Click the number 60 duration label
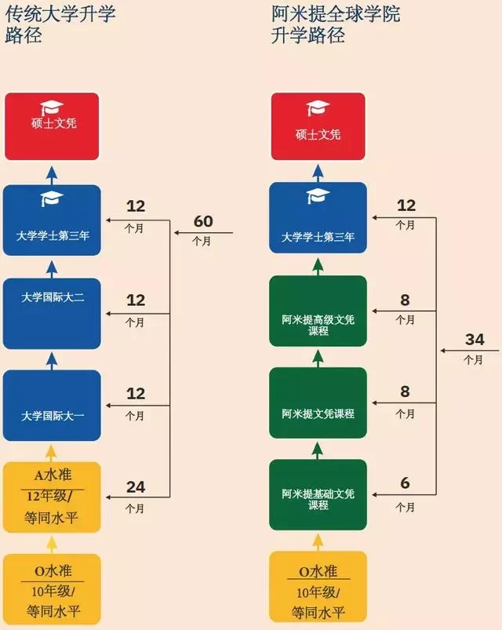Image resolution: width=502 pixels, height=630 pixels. pyautogui.click(x=203, y=221)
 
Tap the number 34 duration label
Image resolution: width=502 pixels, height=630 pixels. pyautogui.click(x=475, y=340)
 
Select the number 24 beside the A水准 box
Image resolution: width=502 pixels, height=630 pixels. pyautogui.click(x=136, y=487)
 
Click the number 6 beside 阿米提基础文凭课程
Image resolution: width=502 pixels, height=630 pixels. pyautogui.click(x=406, y=483)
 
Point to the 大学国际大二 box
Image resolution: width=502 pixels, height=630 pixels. pyautogui.click(x=52, y=313)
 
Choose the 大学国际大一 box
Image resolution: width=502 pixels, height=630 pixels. pyautogui.click(x=52, y=406)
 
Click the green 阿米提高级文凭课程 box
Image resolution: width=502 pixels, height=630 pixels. pyautogui.click(x=318, y=311)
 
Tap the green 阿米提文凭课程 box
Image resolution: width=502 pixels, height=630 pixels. pyautogui.click(x=318, y=403)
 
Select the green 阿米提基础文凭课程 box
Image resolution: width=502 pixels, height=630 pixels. pyautogui.click(x=318, y=495)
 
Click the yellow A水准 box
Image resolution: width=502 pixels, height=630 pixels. pyautogui.click(x=52, y=497)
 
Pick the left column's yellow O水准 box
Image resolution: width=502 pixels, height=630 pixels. pyautogui.click(x=52, y=589)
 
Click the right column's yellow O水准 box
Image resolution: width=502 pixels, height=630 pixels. pyautogui.click(x=318, y=587)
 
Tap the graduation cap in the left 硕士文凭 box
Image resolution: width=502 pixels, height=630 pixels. pyautogui.click(x=52, y=107)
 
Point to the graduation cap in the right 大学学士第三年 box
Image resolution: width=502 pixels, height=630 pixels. pyautogui.click(x=318, y=196)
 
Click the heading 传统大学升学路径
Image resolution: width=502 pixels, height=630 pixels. pyautogui.click(x=60, y=24)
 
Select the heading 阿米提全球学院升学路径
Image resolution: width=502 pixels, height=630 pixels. pyautogui.click(x=336, y=24)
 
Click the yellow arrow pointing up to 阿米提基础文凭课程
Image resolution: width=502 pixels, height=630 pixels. pyautogui.click(x=318, y=542)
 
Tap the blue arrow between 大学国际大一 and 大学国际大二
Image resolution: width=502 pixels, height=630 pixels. pyautogui.click(x=52, y=361)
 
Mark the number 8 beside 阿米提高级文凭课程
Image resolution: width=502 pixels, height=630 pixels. pyautogui.click(x=405, y=300)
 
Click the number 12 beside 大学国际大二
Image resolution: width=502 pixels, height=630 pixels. pyautogui.click(x=136, y=300)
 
